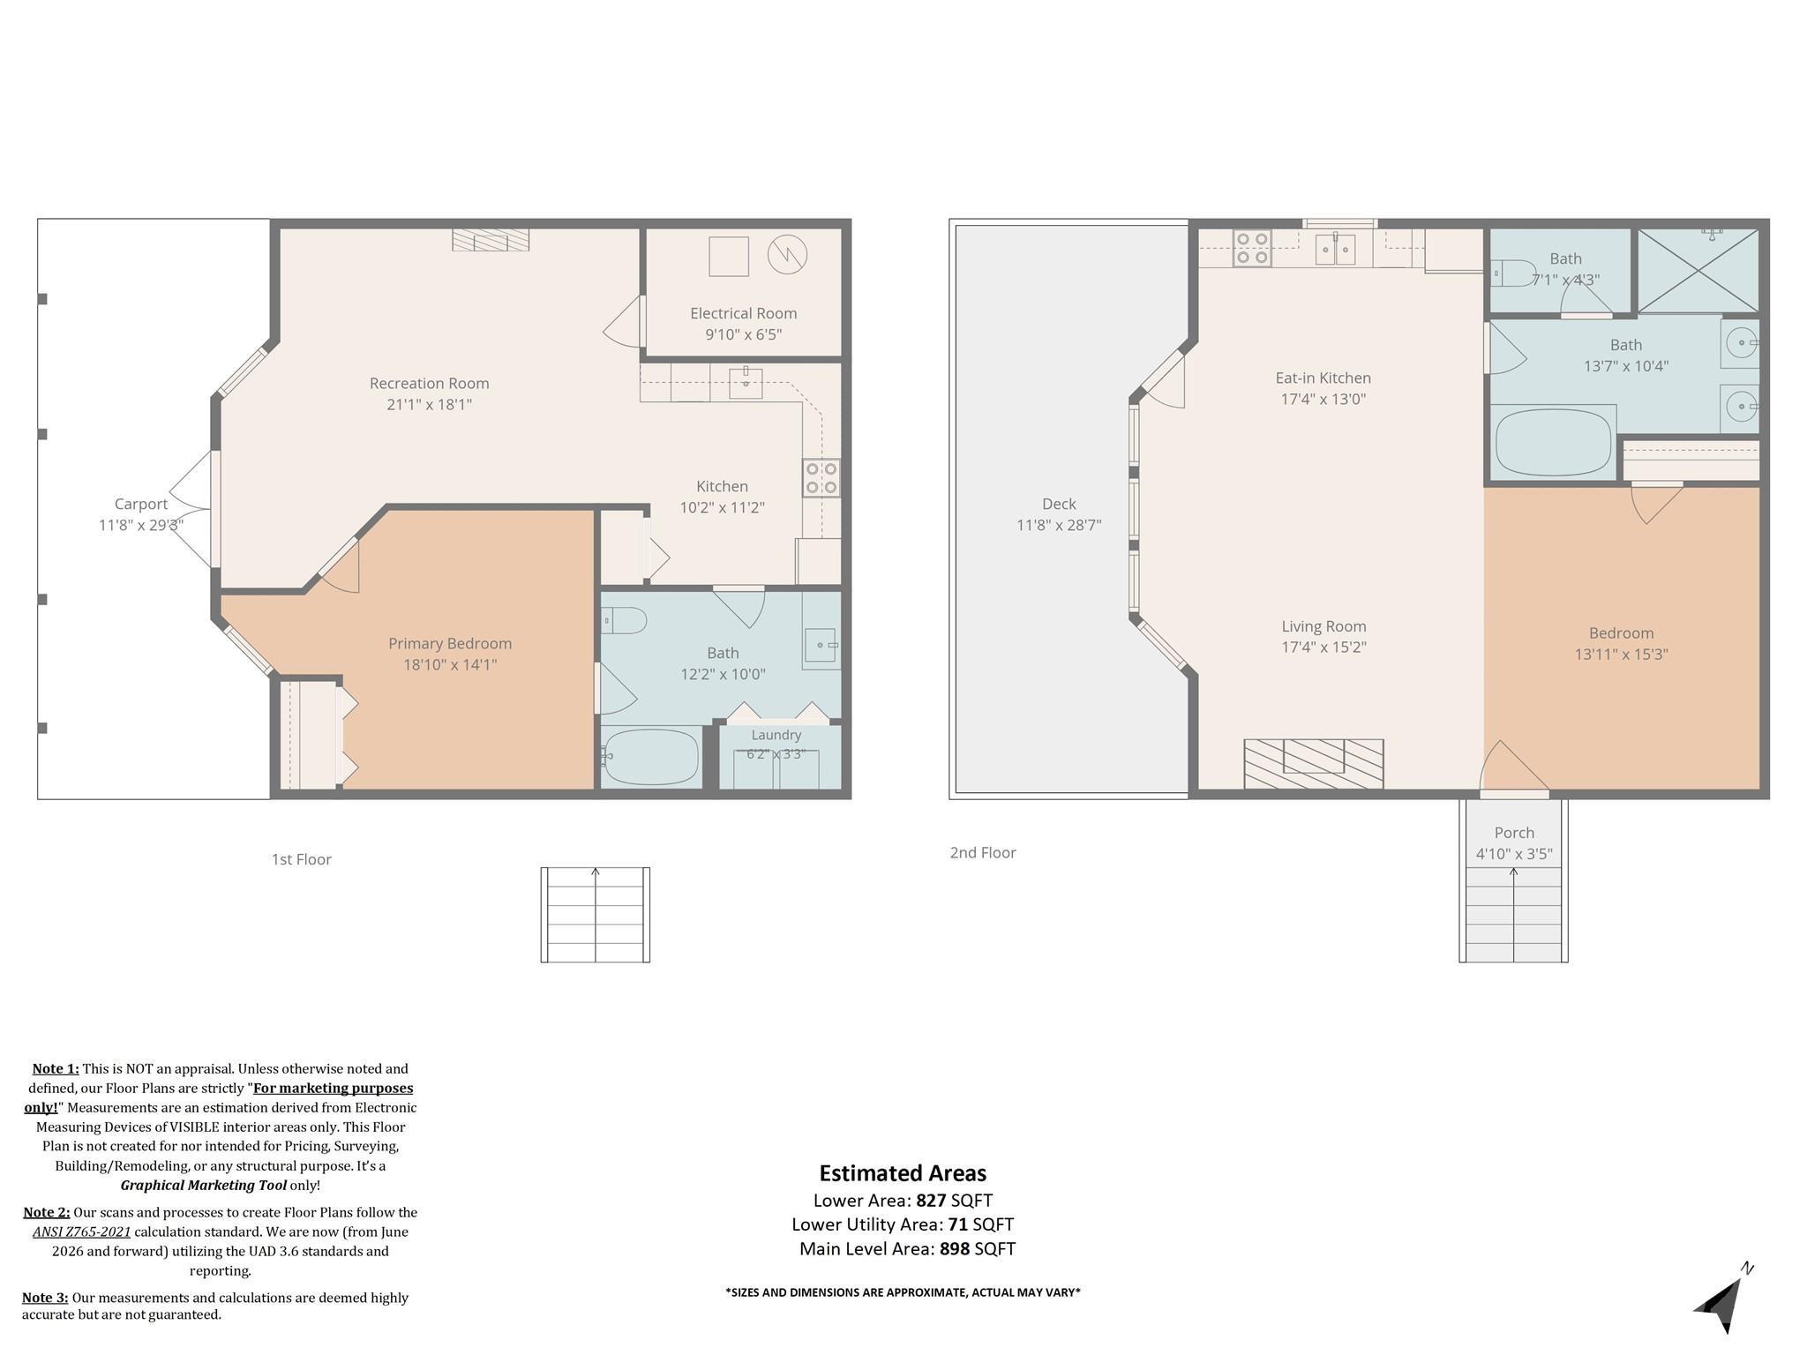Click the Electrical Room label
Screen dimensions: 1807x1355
[743, 313]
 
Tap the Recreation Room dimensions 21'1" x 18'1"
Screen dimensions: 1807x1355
[429, 405]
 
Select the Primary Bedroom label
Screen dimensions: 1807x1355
[450, 644]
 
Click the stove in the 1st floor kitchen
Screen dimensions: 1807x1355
[821, 477]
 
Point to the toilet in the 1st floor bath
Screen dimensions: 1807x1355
[625, 620]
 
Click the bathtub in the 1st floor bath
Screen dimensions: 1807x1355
[651, 757]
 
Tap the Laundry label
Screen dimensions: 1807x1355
[776, 735]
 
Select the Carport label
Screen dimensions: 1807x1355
[140, 504]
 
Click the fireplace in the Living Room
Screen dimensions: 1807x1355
[1314, 764]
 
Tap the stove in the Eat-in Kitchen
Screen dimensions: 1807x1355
[1252, 248]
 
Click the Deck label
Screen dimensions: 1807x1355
[1059, 504]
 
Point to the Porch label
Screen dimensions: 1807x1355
[1514, 833]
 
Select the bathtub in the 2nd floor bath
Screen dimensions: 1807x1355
[1553, 442]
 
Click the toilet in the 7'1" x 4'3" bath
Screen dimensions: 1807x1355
[1514, 273]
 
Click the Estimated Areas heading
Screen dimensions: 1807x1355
[903, 1173]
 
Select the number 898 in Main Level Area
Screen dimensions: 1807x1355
[955, 1249]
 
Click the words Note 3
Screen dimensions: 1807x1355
[45, 1298]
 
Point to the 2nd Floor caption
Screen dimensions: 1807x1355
[983, 853]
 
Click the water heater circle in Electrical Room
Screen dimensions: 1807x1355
[787, 255]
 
